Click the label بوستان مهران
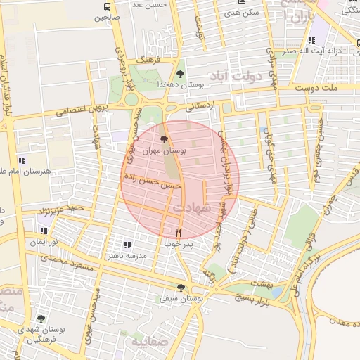point(164,151)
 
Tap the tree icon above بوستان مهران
point(164,140)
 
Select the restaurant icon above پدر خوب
point(178,233)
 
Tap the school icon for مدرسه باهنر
point(127,245)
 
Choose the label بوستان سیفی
point(181,299)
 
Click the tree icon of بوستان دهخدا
point(181,73)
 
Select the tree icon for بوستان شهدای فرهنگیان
point(41,318)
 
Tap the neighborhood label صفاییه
point(146,341)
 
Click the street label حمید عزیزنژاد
point(61,209)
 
